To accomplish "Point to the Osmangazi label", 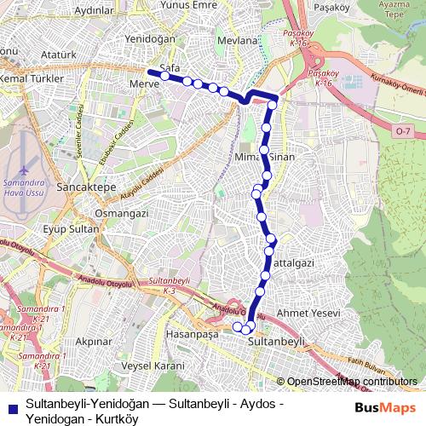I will [122, 212].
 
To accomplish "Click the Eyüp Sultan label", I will [72, 229].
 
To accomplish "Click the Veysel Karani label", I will [153, 366].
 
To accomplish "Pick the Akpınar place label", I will [95, 341].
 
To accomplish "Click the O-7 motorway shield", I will [402, 130].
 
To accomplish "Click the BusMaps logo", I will [386, 407].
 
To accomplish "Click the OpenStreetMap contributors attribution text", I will [353, 382].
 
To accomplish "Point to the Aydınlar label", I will [95, 10].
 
